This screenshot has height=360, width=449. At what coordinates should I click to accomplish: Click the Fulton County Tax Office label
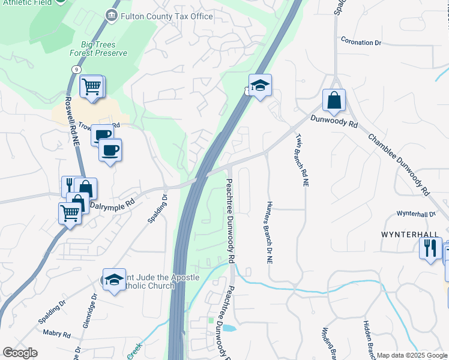coord(166,16)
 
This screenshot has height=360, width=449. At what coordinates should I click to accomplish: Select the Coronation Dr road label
coord(361,43)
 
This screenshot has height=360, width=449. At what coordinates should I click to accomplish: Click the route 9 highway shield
coord(76,70)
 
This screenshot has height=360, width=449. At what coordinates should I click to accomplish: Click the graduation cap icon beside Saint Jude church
coord(114,280)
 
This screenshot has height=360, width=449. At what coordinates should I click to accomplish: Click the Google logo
coord(20,353)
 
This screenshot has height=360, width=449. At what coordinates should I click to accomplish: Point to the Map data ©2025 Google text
coord(412,355)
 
